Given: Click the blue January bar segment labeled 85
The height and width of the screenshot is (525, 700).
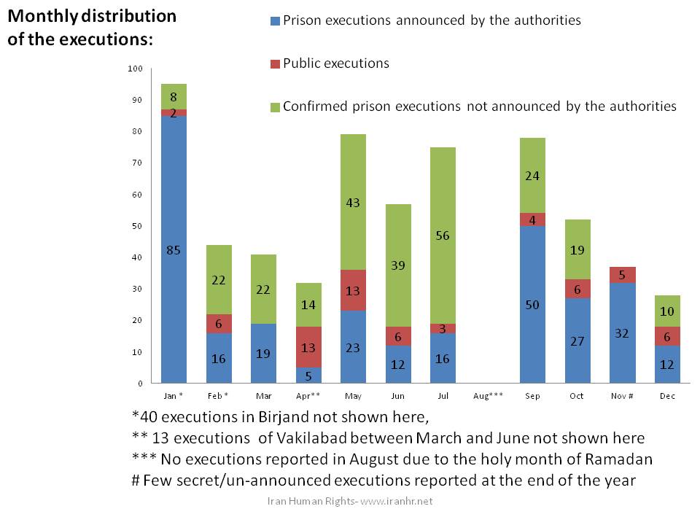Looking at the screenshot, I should pos(174,249).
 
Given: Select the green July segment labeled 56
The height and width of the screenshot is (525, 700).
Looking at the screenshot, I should pos(443,236).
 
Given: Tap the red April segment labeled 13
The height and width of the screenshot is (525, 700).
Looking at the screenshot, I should pos(308,347).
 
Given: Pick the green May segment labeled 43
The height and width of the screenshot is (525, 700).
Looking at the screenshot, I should pos(353,202).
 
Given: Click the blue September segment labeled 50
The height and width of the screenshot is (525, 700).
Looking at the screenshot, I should pos(532,304).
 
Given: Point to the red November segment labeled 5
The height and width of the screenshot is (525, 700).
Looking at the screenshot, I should pos(622,275).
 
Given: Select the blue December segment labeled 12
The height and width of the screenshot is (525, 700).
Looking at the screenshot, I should pos(667,364).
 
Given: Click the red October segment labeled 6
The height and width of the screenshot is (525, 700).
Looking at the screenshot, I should pos(577,289).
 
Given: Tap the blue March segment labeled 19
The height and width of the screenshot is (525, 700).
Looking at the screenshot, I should pos(263,353).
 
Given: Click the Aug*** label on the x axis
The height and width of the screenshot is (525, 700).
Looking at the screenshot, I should pos(487,397).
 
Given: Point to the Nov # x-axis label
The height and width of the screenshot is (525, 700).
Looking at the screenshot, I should pos(622,397).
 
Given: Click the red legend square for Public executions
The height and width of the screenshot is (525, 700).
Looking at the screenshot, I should pos(274,64).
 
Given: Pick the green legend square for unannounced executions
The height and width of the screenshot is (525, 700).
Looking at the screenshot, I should pos(274,106).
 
